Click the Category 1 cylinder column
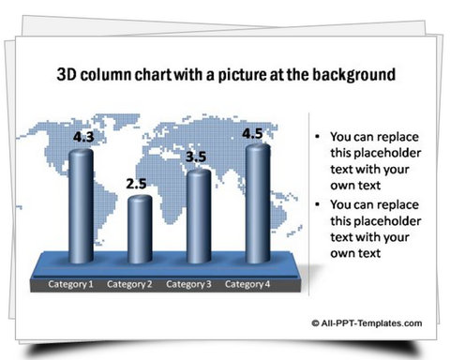pyautogui.click(x=81, y=208)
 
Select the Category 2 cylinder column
pyautogui.click(x=139, y=232)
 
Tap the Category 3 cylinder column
pyautogui.click(x=198, y=218)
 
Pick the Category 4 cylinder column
pyautogui.click(x=257, y=205)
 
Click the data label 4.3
pyautogui.click(x=83, y=137)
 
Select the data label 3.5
pyautogui.click(x=195, y=157)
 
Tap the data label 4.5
pyautogui.click(x=252, y=134)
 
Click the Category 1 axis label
pyautogui.click(x=71, y=284)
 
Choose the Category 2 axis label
pyautogui.click(x=129, y=284)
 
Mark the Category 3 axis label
pyautogui.click(x=188, y=284)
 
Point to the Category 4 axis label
pyautogui.click(x=247, y=284)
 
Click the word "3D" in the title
pyautogui.click(x=69, y=73)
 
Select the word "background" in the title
pyautogui.click(x=353, y=73)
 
